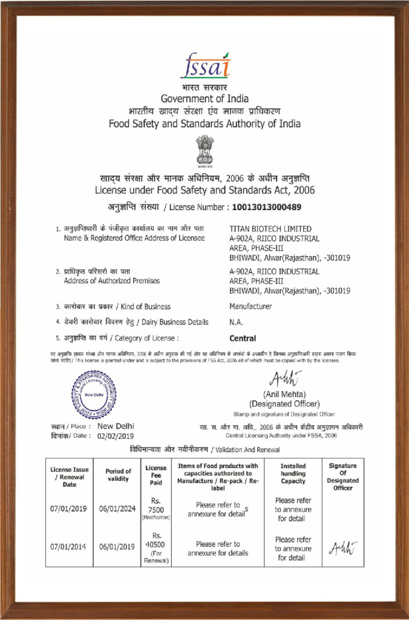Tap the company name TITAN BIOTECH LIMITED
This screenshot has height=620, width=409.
(x=270, y=229)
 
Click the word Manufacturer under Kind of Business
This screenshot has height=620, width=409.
(x=250, y=306)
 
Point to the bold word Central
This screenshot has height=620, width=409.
(x=243, y=338)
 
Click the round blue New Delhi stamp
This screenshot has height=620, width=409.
(x=94, y=395)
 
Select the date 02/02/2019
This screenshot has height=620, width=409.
(x=116, y=435)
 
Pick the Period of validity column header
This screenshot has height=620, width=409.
(x=118, y=475)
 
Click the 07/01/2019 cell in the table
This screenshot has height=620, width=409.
(x=69, y=509)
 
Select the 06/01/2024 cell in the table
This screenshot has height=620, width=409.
(x=118, y=509)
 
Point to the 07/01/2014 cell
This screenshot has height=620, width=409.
(x=69, y=547)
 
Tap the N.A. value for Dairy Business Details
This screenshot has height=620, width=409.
(x=236, y=322)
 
